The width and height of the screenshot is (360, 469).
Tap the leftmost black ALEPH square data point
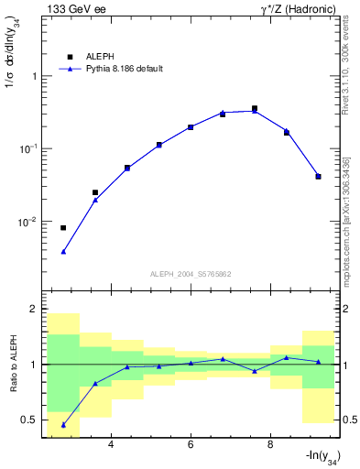[63, 228]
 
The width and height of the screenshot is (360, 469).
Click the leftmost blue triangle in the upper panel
[63, 251]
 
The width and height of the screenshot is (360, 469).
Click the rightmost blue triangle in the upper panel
[318, 176]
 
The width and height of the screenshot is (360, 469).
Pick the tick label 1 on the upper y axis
[34, 76]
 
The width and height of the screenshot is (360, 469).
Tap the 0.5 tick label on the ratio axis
[29, 420]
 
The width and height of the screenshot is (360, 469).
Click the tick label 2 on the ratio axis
[34, 310]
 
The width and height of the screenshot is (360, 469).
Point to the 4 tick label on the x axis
[111, 446]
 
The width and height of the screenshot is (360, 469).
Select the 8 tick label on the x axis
[270, 446]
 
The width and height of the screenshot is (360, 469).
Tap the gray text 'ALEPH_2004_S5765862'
[190, 274]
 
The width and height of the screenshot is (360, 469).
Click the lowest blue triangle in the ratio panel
[63, 425]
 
